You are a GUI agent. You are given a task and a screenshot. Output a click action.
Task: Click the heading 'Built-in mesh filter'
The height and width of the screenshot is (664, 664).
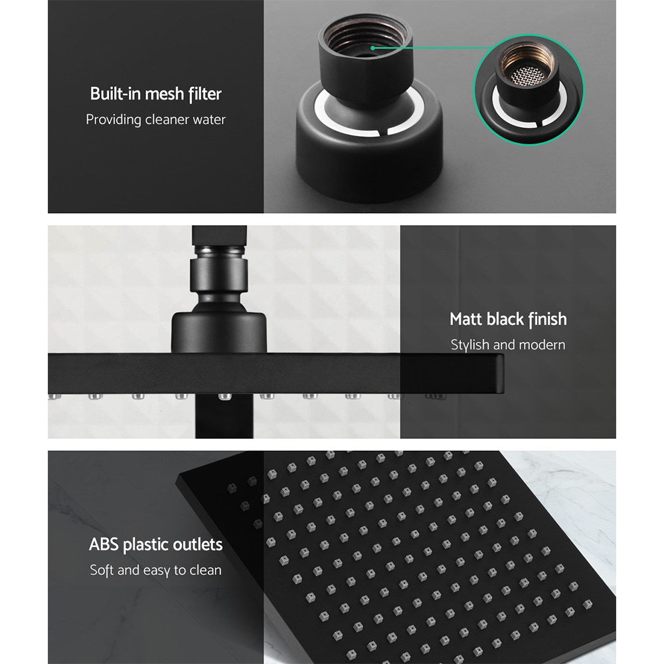pos(155,94)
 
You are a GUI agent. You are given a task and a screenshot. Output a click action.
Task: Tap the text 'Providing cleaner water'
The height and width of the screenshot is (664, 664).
pos(155,120)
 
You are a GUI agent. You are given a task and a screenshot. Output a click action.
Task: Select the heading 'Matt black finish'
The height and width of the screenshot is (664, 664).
pos(508,319)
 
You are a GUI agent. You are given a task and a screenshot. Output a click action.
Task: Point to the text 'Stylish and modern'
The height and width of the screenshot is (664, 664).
pos(508,345)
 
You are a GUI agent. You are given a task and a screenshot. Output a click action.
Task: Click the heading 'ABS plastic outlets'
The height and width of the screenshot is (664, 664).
pos(155,546)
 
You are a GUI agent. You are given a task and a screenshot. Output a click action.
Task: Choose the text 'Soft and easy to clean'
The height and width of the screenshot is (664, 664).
pos(155,570)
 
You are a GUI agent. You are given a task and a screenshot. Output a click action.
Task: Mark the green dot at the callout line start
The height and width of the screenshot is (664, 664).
pos(374,47)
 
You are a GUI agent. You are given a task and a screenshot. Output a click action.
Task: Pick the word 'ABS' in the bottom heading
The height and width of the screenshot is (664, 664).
pos(104,546)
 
